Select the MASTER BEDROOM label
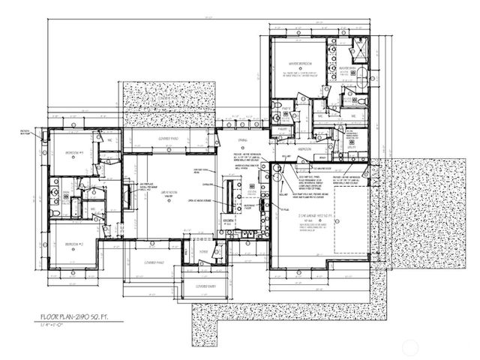301,65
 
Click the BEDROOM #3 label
73,152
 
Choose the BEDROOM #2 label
73,244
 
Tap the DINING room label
242,140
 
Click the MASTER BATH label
346,67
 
